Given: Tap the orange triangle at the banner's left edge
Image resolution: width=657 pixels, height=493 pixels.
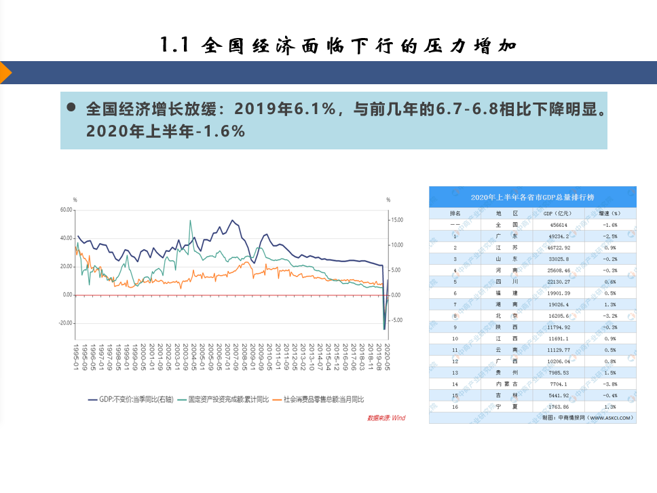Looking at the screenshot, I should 5,73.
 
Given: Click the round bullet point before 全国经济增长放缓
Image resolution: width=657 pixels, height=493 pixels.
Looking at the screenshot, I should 71,108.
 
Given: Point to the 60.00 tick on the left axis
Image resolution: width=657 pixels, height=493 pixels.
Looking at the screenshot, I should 66,210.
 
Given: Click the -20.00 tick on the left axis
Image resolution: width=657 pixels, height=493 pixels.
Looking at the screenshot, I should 65,323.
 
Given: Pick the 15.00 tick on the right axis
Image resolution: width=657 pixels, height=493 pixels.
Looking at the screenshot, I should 396,220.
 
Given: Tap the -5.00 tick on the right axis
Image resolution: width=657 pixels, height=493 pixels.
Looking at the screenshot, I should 395,320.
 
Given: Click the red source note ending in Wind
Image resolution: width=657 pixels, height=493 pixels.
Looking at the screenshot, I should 386,418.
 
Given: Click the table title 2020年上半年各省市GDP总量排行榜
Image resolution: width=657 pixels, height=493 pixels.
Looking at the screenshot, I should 532,198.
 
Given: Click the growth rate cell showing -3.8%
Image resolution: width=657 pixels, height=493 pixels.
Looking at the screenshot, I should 608,383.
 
